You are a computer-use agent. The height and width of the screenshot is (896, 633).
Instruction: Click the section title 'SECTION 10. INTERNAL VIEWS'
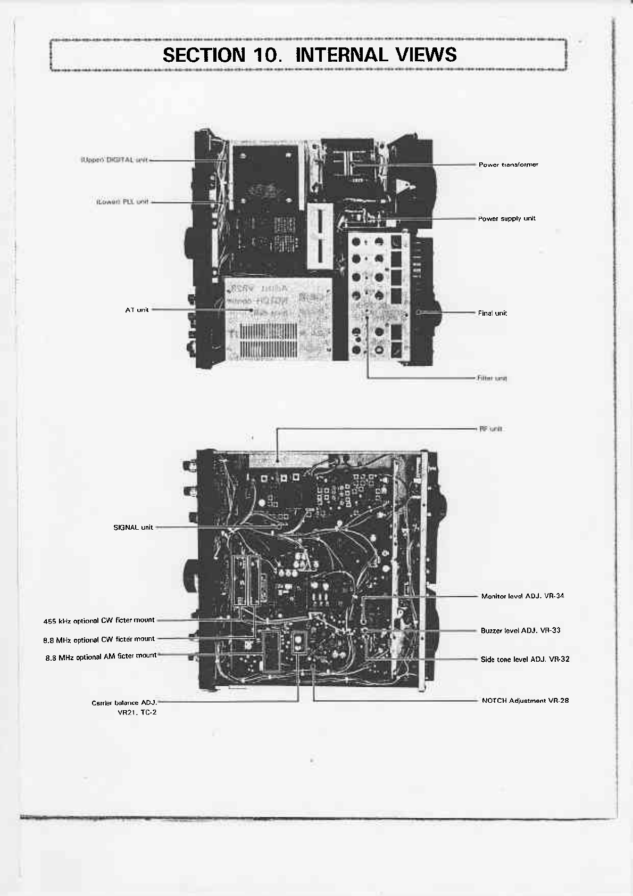tap(309, 55)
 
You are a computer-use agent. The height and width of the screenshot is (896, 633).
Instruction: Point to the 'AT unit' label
tap(137, 310)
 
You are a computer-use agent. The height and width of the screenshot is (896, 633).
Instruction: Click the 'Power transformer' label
tap(508, 165)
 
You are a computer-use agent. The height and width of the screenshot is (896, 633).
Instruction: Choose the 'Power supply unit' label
tap(506, 219)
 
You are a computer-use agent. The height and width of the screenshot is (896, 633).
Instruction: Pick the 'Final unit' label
tap(492, 314)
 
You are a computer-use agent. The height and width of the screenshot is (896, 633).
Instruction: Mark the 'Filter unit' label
tap(492, 379)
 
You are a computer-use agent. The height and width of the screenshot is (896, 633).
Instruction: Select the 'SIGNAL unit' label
tap(133, 528)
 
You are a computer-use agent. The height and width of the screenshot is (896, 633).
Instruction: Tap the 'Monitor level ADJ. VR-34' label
tap(522, 596)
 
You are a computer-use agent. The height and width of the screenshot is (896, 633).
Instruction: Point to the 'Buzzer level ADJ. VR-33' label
tap(520, 630)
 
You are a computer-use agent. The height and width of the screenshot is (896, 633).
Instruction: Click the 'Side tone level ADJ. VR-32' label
tap(524, 659)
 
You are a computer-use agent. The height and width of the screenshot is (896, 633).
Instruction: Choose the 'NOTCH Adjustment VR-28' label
tap(525, 701)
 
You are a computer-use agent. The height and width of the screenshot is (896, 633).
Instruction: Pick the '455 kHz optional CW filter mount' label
tap(99, 621)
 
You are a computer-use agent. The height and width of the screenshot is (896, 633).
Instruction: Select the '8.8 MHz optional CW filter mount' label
tap(99, 639)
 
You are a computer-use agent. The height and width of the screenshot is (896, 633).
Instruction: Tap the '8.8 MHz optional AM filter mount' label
tap(101, 657)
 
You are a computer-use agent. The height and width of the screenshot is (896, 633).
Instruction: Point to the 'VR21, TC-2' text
tap(137, 712)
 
